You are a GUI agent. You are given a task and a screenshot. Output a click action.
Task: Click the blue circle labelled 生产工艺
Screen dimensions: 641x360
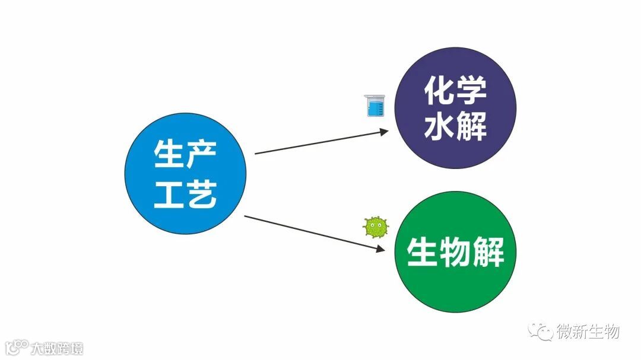(185, 173)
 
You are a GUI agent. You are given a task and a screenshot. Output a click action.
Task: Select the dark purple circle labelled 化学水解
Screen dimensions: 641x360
(455, 109)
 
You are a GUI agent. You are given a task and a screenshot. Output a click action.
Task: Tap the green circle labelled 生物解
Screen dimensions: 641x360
(455, 252)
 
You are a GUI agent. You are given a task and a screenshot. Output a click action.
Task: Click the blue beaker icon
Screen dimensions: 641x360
(374, 106)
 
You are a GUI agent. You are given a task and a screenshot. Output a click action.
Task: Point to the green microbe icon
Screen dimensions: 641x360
(375, 227)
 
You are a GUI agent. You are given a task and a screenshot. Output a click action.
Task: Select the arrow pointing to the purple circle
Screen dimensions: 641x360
(321, 143)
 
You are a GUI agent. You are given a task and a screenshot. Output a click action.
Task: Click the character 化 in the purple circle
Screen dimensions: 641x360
(439, 90)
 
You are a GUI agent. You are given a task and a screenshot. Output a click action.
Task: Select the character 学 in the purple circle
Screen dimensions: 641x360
(471, 90)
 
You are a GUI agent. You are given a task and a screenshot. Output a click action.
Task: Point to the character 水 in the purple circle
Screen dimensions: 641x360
(439, 127)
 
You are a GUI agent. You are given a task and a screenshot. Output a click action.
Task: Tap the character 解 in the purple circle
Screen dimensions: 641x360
(471, 127)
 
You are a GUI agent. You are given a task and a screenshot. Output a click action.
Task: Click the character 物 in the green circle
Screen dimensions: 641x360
(455, 252)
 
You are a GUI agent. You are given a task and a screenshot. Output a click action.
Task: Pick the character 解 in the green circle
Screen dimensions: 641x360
(487, 252)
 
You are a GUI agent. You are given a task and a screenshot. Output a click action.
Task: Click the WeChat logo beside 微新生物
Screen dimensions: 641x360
(541, 332)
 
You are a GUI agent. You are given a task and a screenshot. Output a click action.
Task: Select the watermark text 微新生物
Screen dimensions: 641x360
(588, 332)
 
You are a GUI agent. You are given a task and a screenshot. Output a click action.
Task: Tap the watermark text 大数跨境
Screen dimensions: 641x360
(58, 348)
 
